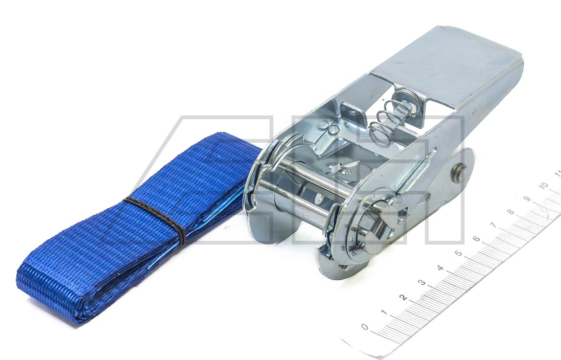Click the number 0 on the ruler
coord(365,326)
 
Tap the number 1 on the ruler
coord(384,312)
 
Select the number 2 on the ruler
coord(403,297)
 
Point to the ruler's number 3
coord(422,283)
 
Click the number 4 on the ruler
coord(441,268)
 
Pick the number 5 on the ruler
coord(458,253)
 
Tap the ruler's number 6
coord(476,239)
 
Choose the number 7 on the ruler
coord(494,225)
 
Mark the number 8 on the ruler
coord(511,212)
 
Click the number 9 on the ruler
coord(527,199)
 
